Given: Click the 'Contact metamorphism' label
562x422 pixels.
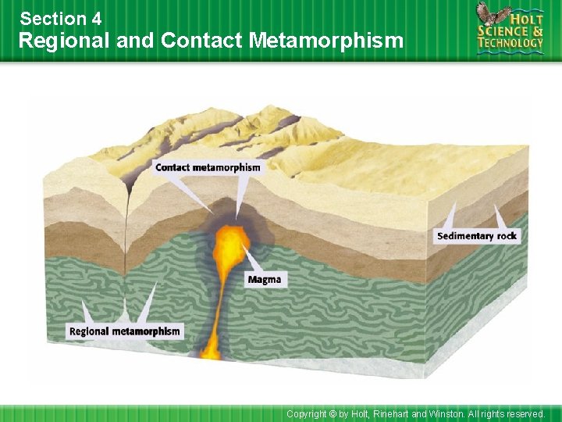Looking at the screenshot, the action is (x=208, y=167).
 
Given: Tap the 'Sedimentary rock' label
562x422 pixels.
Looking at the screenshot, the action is (x=477, y=236).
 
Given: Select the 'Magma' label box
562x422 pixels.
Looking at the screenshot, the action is (x=264, y=280).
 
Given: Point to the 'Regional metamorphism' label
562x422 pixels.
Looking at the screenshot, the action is (x=124, y=331).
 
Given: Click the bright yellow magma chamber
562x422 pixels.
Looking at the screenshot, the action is (x=231, y=244).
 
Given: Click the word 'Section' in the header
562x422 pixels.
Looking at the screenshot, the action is (x=50, y=17).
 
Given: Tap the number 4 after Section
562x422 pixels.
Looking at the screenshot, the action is (x=95, y=17).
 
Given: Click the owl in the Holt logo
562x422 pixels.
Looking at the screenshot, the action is (x=492, y=15).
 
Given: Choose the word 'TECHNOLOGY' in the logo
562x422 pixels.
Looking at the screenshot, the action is (x=511, y=44).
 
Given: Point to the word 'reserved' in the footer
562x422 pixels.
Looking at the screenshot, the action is (x=525, y=413).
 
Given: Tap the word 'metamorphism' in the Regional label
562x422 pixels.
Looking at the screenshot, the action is (x=146, y=331).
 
